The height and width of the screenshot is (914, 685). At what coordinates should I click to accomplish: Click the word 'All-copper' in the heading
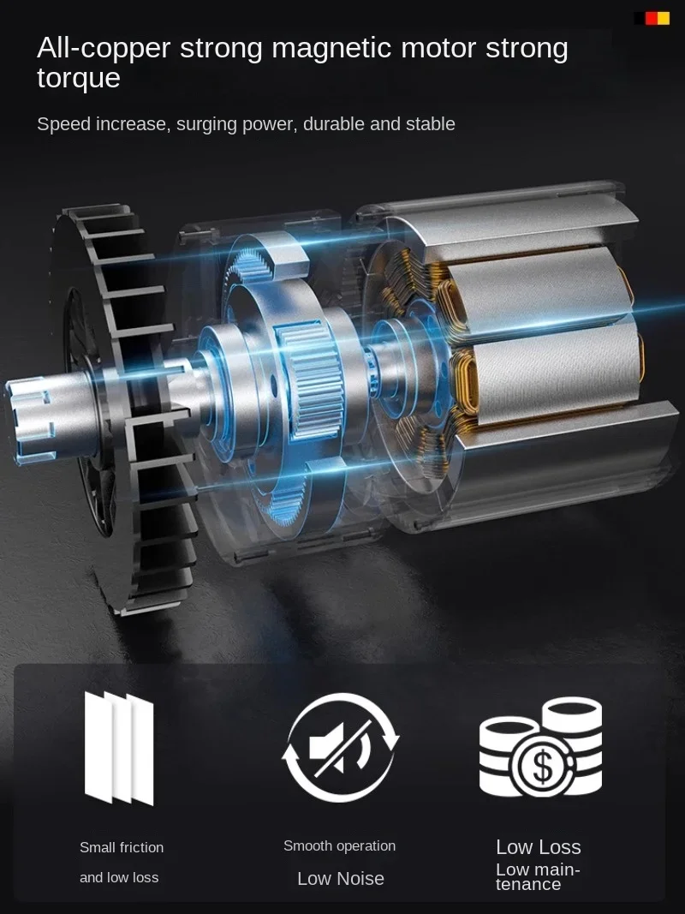[103, 48]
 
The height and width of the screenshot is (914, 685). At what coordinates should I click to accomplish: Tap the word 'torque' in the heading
[79, 79]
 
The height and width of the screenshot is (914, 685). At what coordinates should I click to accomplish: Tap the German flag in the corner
[652, 18]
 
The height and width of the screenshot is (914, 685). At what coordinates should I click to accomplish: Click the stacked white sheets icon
[119, 748]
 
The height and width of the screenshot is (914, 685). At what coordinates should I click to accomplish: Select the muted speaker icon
[341, 748]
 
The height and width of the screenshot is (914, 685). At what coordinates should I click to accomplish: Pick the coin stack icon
[540, 747]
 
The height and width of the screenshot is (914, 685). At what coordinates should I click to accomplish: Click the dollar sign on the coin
[543, 767]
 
